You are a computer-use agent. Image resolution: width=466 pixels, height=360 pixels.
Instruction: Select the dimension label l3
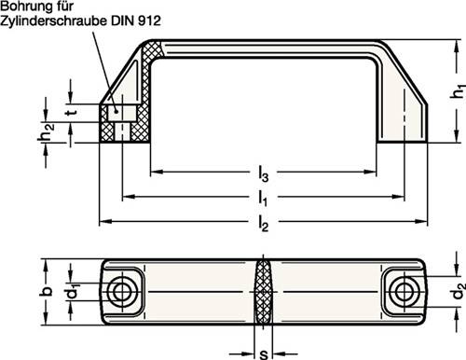(265, 173)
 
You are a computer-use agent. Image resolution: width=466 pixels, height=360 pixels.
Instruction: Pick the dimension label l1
(264, 198)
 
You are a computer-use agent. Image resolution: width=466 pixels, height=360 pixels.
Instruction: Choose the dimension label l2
(264, 222)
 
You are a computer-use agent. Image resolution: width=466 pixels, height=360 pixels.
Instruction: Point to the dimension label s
(264, 353)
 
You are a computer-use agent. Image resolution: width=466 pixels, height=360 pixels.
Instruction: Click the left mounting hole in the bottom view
(120, 293)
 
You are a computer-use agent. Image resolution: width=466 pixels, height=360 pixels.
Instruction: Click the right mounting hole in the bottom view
(406, 293)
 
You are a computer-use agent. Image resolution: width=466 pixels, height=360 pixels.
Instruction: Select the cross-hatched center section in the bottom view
(264, 293)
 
